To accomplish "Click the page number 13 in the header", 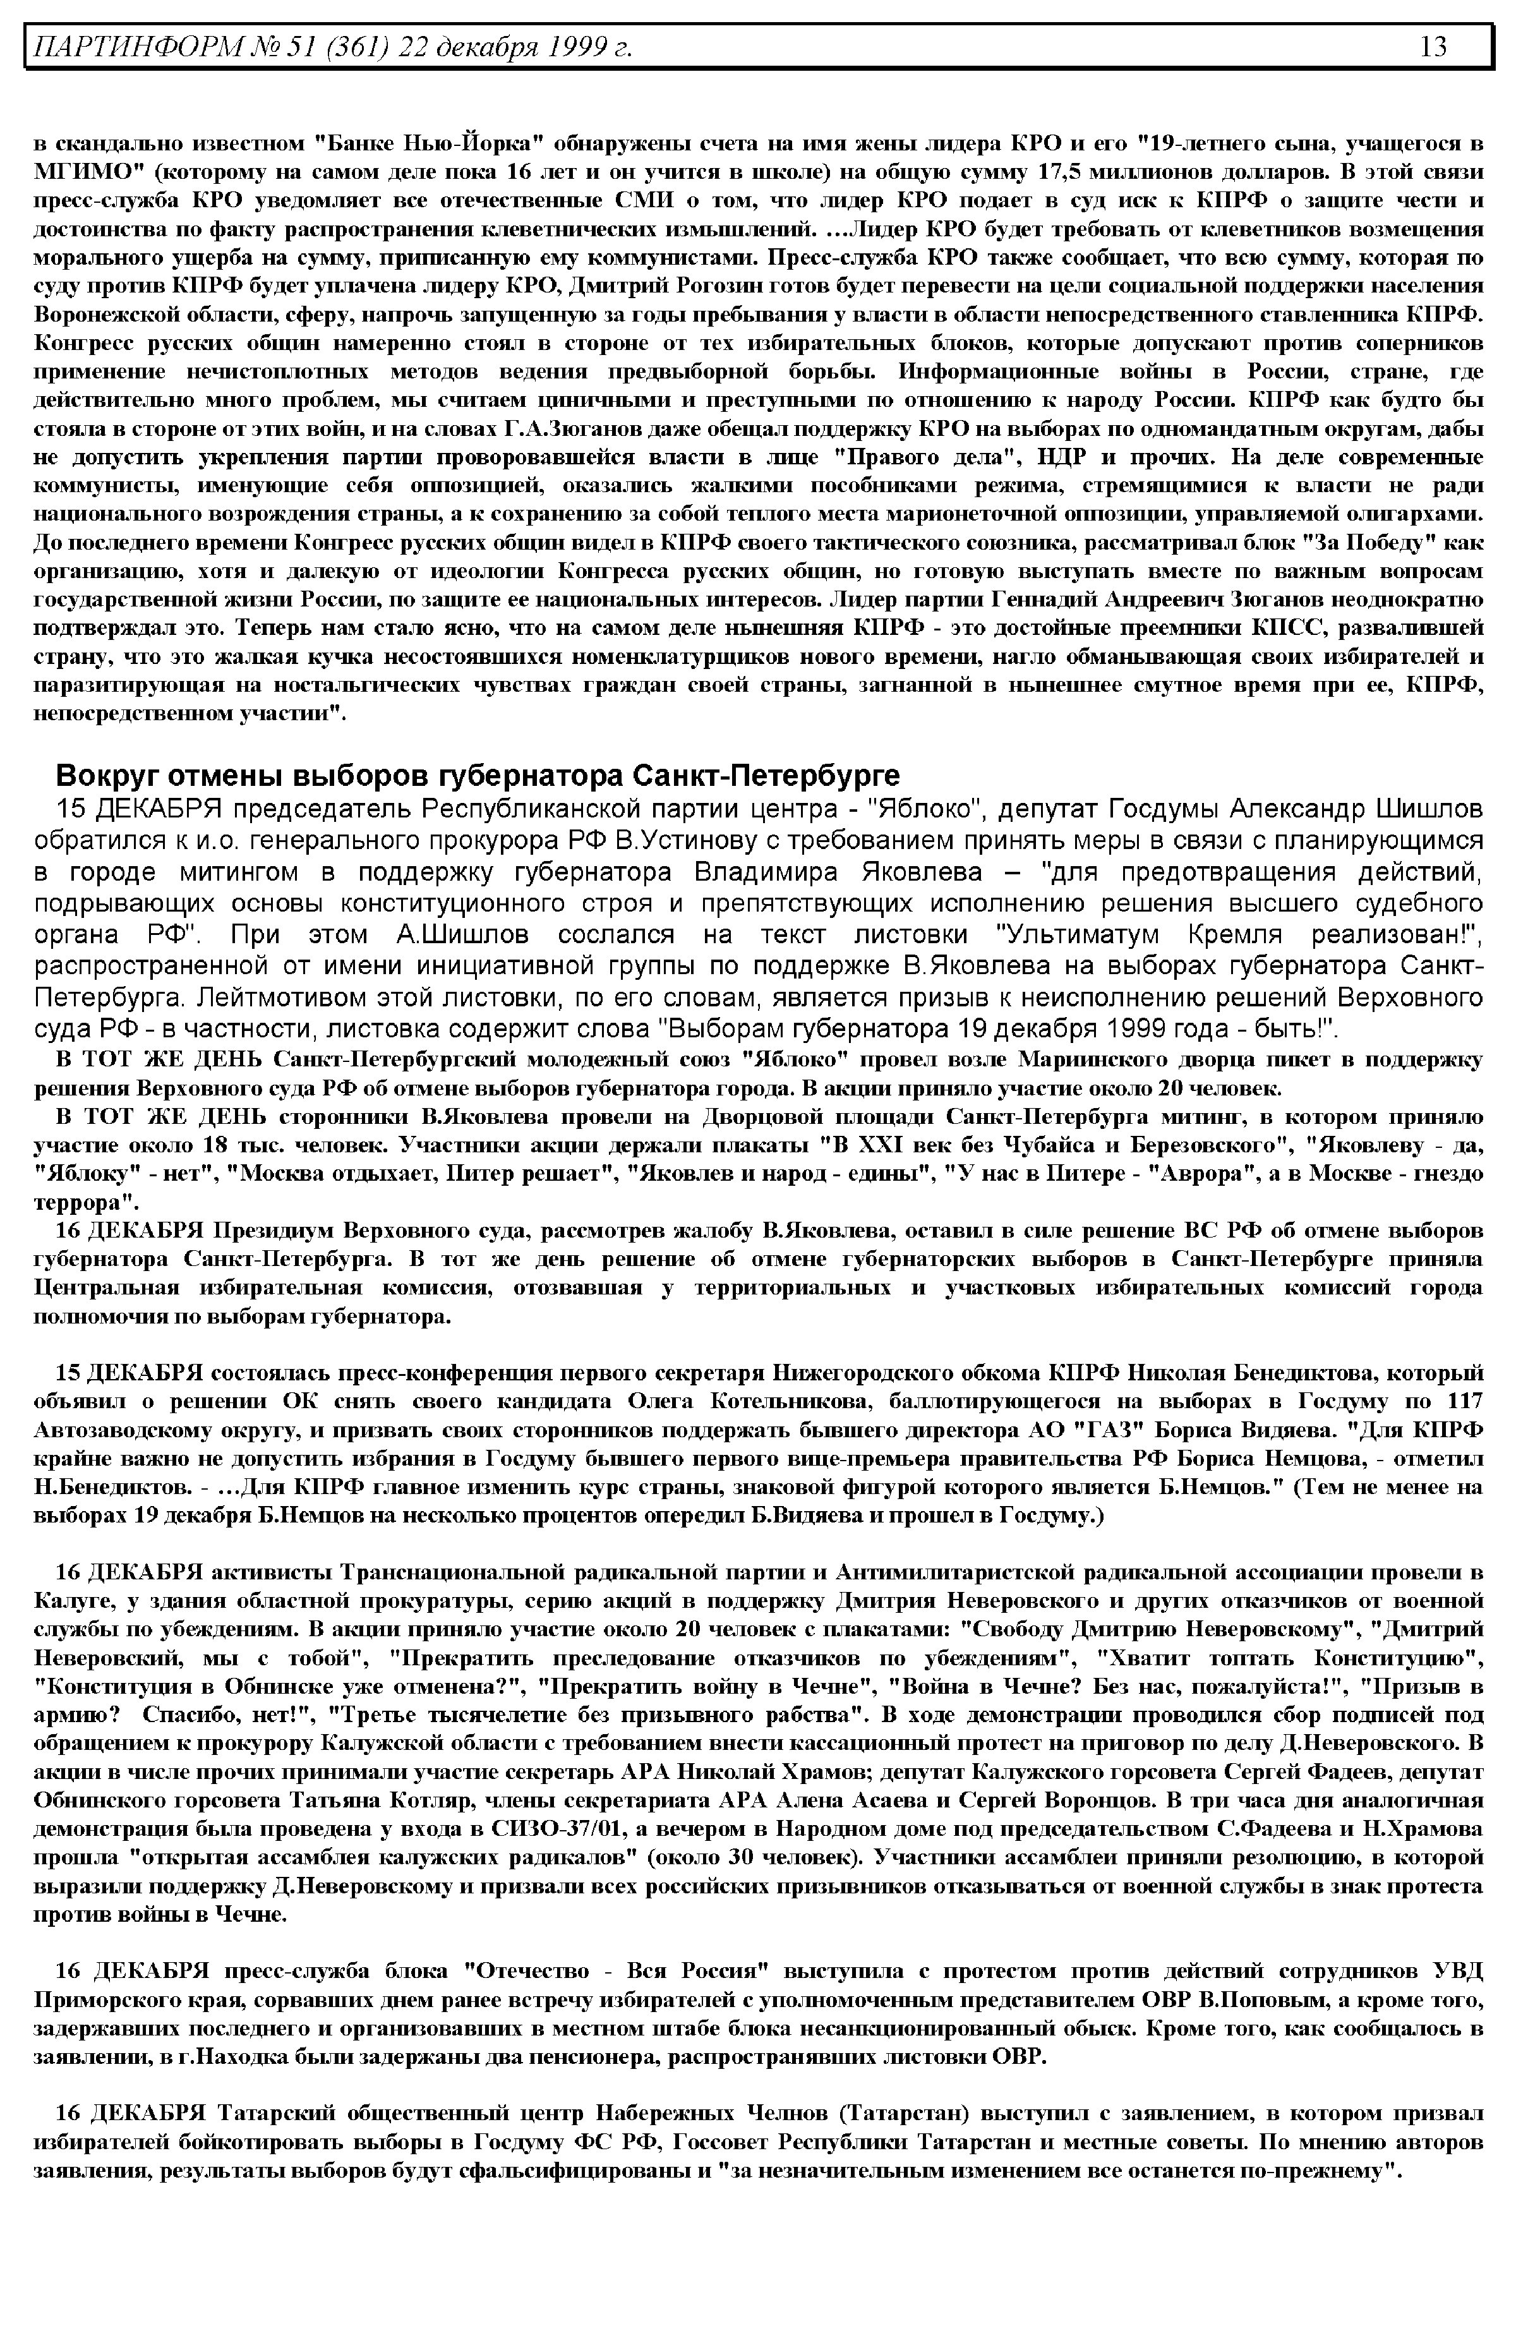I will coord(1433,46).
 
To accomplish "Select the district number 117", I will coord(1465,1402).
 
